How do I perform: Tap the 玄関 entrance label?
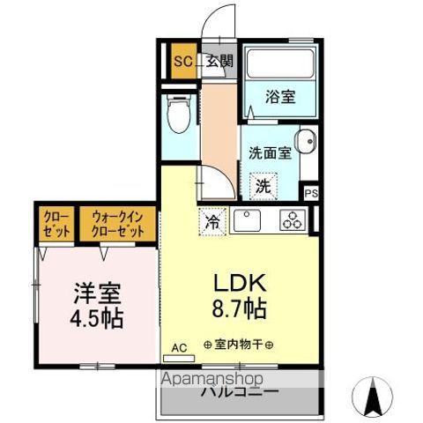pos(219,62)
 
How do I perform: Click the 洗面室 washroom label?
pos(270,151)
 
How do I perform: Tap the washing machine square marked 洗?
pos(263,185)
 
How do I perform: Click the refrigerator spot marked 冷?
pos(213,221)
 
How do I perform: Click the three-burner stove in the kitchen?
pos(292,219)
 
